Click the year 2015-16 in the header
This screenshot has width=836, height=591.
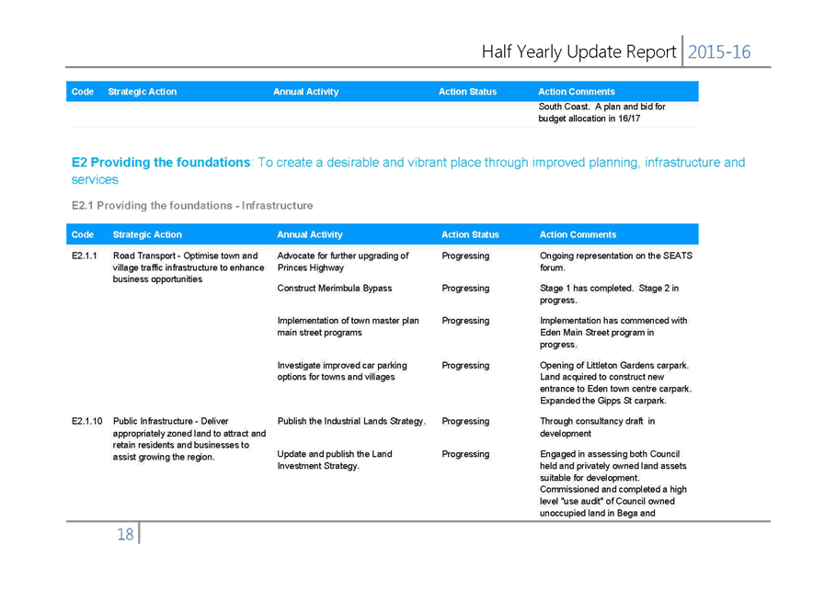(x=719, y=51)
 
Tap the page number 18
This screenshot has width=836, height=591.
(x=125, y=534)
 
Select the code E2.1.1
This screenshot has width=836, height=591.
(x=85, y=256)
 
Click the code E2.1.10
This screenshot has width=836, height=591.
(x=86, y=421)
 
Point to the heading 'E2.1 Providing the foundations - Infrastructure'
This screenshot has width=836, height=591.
(x=192, y=206)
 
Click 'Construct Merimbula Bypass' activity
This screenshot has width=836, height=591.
(x=334, y=289)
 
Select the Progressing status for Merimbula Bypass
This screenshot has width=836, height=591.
(x=465, y=289)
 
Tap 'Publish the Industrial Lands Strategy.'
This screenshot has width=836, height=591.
(x=351, y=421)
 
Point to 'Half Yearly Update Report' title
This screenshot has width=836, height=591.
(x=578, y=51)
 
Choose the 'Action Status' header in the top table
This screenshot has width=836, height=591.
(x=467, y=92)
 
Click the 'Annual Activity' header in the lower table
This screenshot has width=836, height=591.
(x=310, y=234)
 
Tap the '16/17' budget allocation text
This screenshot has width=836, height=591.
(x=629, y=119)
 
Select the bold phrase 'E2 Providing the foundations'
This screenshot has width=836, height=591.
(x=160, y=163)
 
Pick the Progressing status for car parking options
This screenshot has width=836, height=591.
(x=465, y=366)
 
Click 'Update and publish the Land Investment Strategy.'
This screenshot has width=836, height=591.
(x=334, y=460)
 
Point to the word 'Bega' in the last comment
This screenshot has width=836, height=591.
(x=627, y=513)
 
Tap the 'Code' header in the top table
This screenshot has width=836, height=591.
(x=83, y=92)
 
